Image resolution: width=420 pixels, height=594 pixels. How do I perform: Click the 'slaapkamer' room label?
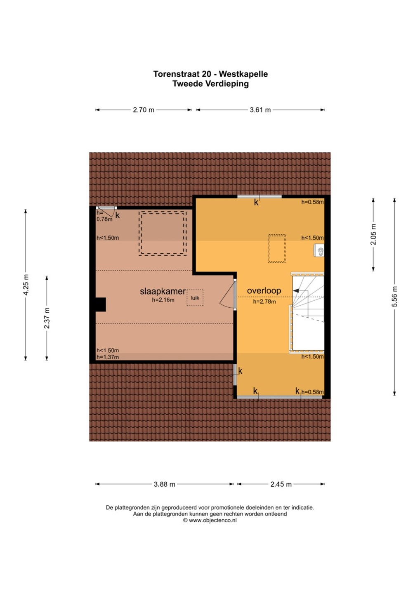tap(163, 291)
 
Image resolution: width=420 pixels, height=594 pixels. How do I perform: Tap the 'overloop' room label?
tap(264, 291)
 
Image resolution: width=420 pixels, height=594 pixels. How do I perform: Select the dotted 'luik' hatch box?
tap(195, 297)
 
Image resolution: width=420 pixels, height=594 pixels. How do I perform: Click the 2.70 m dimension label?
tap(144, 110)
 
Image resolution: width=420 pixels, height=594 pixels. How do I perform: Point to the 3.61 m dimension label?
tap(260, 110)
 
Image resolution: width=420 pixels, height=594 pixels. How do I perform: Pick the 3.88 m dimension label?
tap(164, 484)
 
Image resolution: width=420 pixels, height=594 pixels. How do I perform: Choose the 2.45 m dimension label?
tap(281, 484)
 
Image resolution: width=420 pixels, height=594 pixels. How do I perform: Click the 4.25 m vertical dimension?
tap(26, 285)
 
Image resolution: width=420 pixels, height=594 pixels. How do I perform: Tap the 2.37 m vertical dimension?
tap(47, 318)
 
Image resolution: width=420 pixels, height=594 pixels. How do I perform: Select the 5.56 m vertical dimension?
tap(394, 297)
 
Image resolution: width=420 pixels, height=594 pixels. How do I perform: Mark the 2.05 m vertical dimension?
tap(373, 234)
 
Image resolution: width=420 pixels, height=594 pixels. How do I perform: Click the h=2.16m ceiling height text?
tap(163, 300)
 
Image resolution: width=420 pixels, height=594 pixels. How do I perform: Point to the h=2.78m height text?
tap(264, 302)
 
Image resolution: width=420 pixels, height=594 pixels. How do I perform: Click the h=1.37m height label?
tap(108, 357)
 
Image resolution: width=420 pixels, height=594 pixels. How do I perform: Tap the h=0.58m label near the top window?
tap(312, 202)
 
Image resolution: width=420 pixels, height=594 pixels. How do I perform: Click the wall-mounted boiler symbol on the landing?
tap(319, 251)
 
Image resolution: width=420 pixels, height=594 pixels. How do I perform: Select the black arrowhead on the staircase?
tap(296, 291)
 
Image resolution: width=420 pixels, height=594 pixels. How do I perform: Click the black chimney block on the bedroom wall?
tap(101, 304)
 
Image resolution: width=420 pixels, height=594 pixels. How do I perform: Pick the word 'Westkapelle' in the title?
tap(243, 74)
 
